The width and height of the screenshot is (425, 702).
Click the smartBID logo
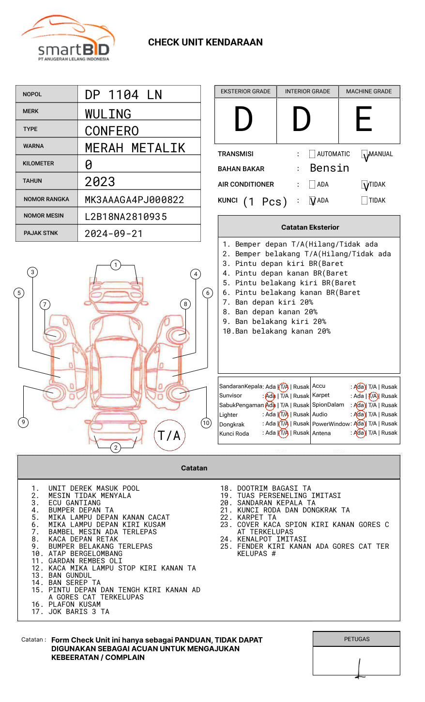[68, 39]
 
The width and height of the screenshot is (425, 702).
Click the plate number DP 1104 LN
[123, 95]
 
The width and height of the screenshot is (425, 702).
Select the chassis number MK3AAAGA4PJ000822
[134, 200]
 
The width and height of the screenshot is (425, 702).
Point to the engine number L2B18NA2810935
[125, 217]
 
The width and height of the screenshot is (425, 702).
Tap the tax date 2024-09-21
[114, 234]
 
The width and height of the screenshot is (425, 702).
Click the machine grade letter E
[364, 119]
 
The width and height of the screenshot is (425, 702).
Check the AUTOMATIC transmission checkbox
[312, 154]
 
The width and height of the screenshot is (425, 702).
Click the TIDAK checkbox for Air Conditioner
[364, 185]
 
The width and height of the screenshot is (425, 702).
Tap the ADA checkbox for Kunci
[312, 201]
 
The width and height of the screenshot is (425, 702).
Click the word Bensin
[329, 168]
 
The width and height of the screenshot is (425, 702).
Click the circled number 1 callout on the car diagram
[115, 264]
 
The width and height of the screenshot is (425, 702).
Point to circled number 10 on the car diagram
[206, 423]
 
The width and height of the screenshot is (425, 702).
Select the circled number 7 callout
[45, 304]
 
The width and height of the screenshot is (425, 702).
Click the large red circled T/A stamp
[169, 435]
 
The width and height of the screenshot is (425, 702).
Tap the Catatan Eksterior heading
[310, 227]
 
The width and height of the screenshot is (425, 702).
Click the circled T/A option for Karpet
[373, 396]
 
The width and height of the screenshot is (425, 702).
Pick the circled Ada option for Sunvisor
[270, 396]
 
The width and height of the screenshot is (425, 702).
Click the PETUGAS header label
[356, 639]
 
